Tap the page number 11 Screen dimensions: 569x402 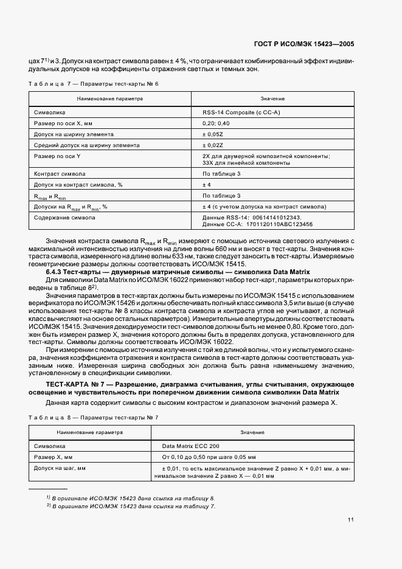click(x=351, y=519)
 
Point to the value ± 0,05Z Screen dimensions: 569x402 click(x=213, y=134)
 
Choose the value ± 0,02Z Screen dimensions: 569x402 click(x=213, y=145)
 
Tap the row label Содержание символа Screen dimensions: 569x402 click(x=64, y=217)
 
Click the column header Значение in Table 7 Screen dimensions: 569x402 click(x=272, y=98)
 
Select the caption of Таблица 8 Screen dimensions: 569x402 click(x=93, y=417)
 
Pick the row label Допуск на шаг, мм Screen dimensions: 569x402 click(x=60, y=468)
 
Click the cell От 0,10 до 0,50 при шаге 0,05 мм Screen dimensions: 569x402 click(x=209, y=457)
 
